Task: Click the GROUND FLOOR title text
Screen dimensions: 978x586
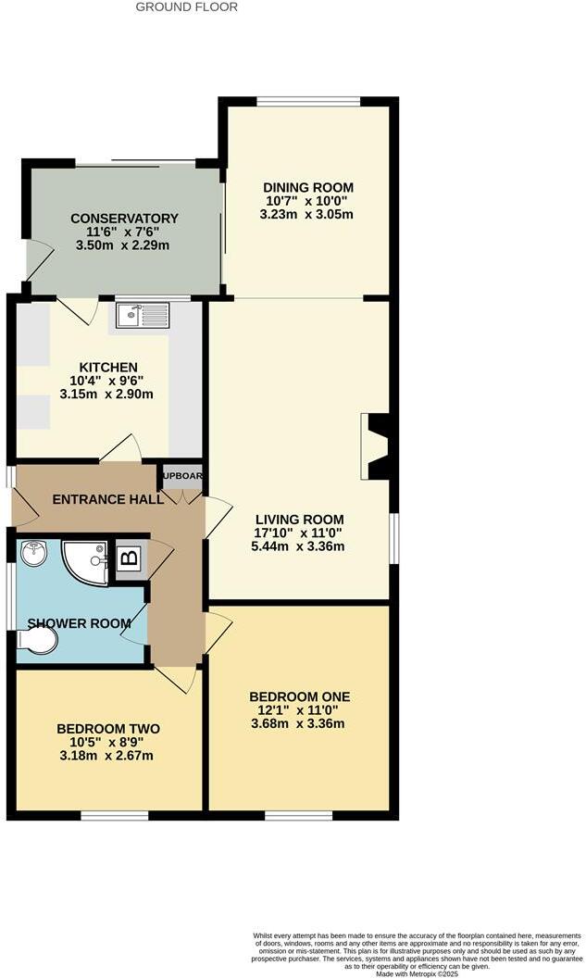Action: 187,6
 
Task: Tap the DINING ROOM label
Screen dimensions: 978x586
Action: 308,187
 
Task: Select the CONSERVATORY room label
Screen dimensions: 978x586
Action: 124,219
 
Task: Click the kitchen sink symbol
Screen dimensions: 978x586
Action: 142,316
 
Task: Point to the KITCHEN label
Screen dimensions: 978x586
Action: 108,368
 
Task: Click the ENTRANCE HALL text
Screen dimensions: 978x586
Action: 107,499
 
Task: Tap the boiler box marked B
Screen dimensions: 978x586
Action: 130,558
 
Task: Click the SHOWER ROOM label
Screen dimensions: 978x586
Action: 79,623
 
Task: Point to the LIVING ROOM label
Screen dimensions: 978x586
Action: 299,520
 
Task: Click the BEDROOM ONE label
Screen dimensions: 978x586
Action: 299,696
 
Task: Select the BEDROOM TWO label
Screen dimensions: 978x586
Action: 108,729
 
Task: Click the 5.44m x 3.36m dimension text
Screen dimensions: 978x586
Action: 298,546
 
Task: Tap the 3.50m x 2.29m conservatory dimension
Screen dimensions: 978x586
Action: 124,245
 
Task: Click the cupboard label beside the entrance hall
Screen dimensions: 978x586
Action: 182,476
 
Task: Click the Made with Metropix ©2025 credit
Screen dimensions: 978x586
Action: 419,973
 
